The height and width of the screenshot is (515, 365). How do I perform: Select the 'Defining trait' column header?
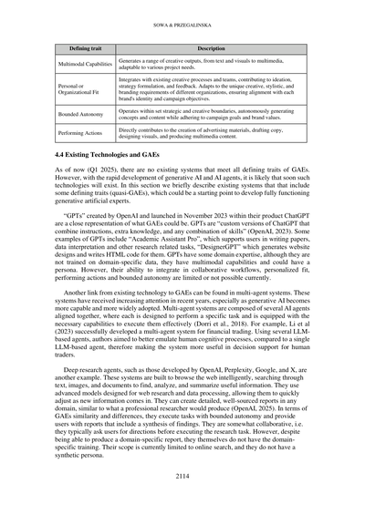85,47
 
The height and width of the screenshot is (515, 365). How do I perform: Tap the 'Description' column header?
211,47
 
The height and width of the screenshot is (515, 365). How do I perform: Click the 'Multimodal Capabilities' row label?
85,64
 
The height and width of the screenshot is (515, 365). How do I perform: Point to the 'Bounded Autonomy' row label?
85,115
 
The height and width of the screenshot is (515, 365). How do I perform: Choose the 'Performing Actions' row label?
85,136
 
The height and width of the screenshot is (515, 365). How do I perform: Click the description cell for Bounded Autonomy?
211,115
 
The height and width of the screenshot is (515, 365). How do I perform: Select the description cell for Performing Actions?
211,136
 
